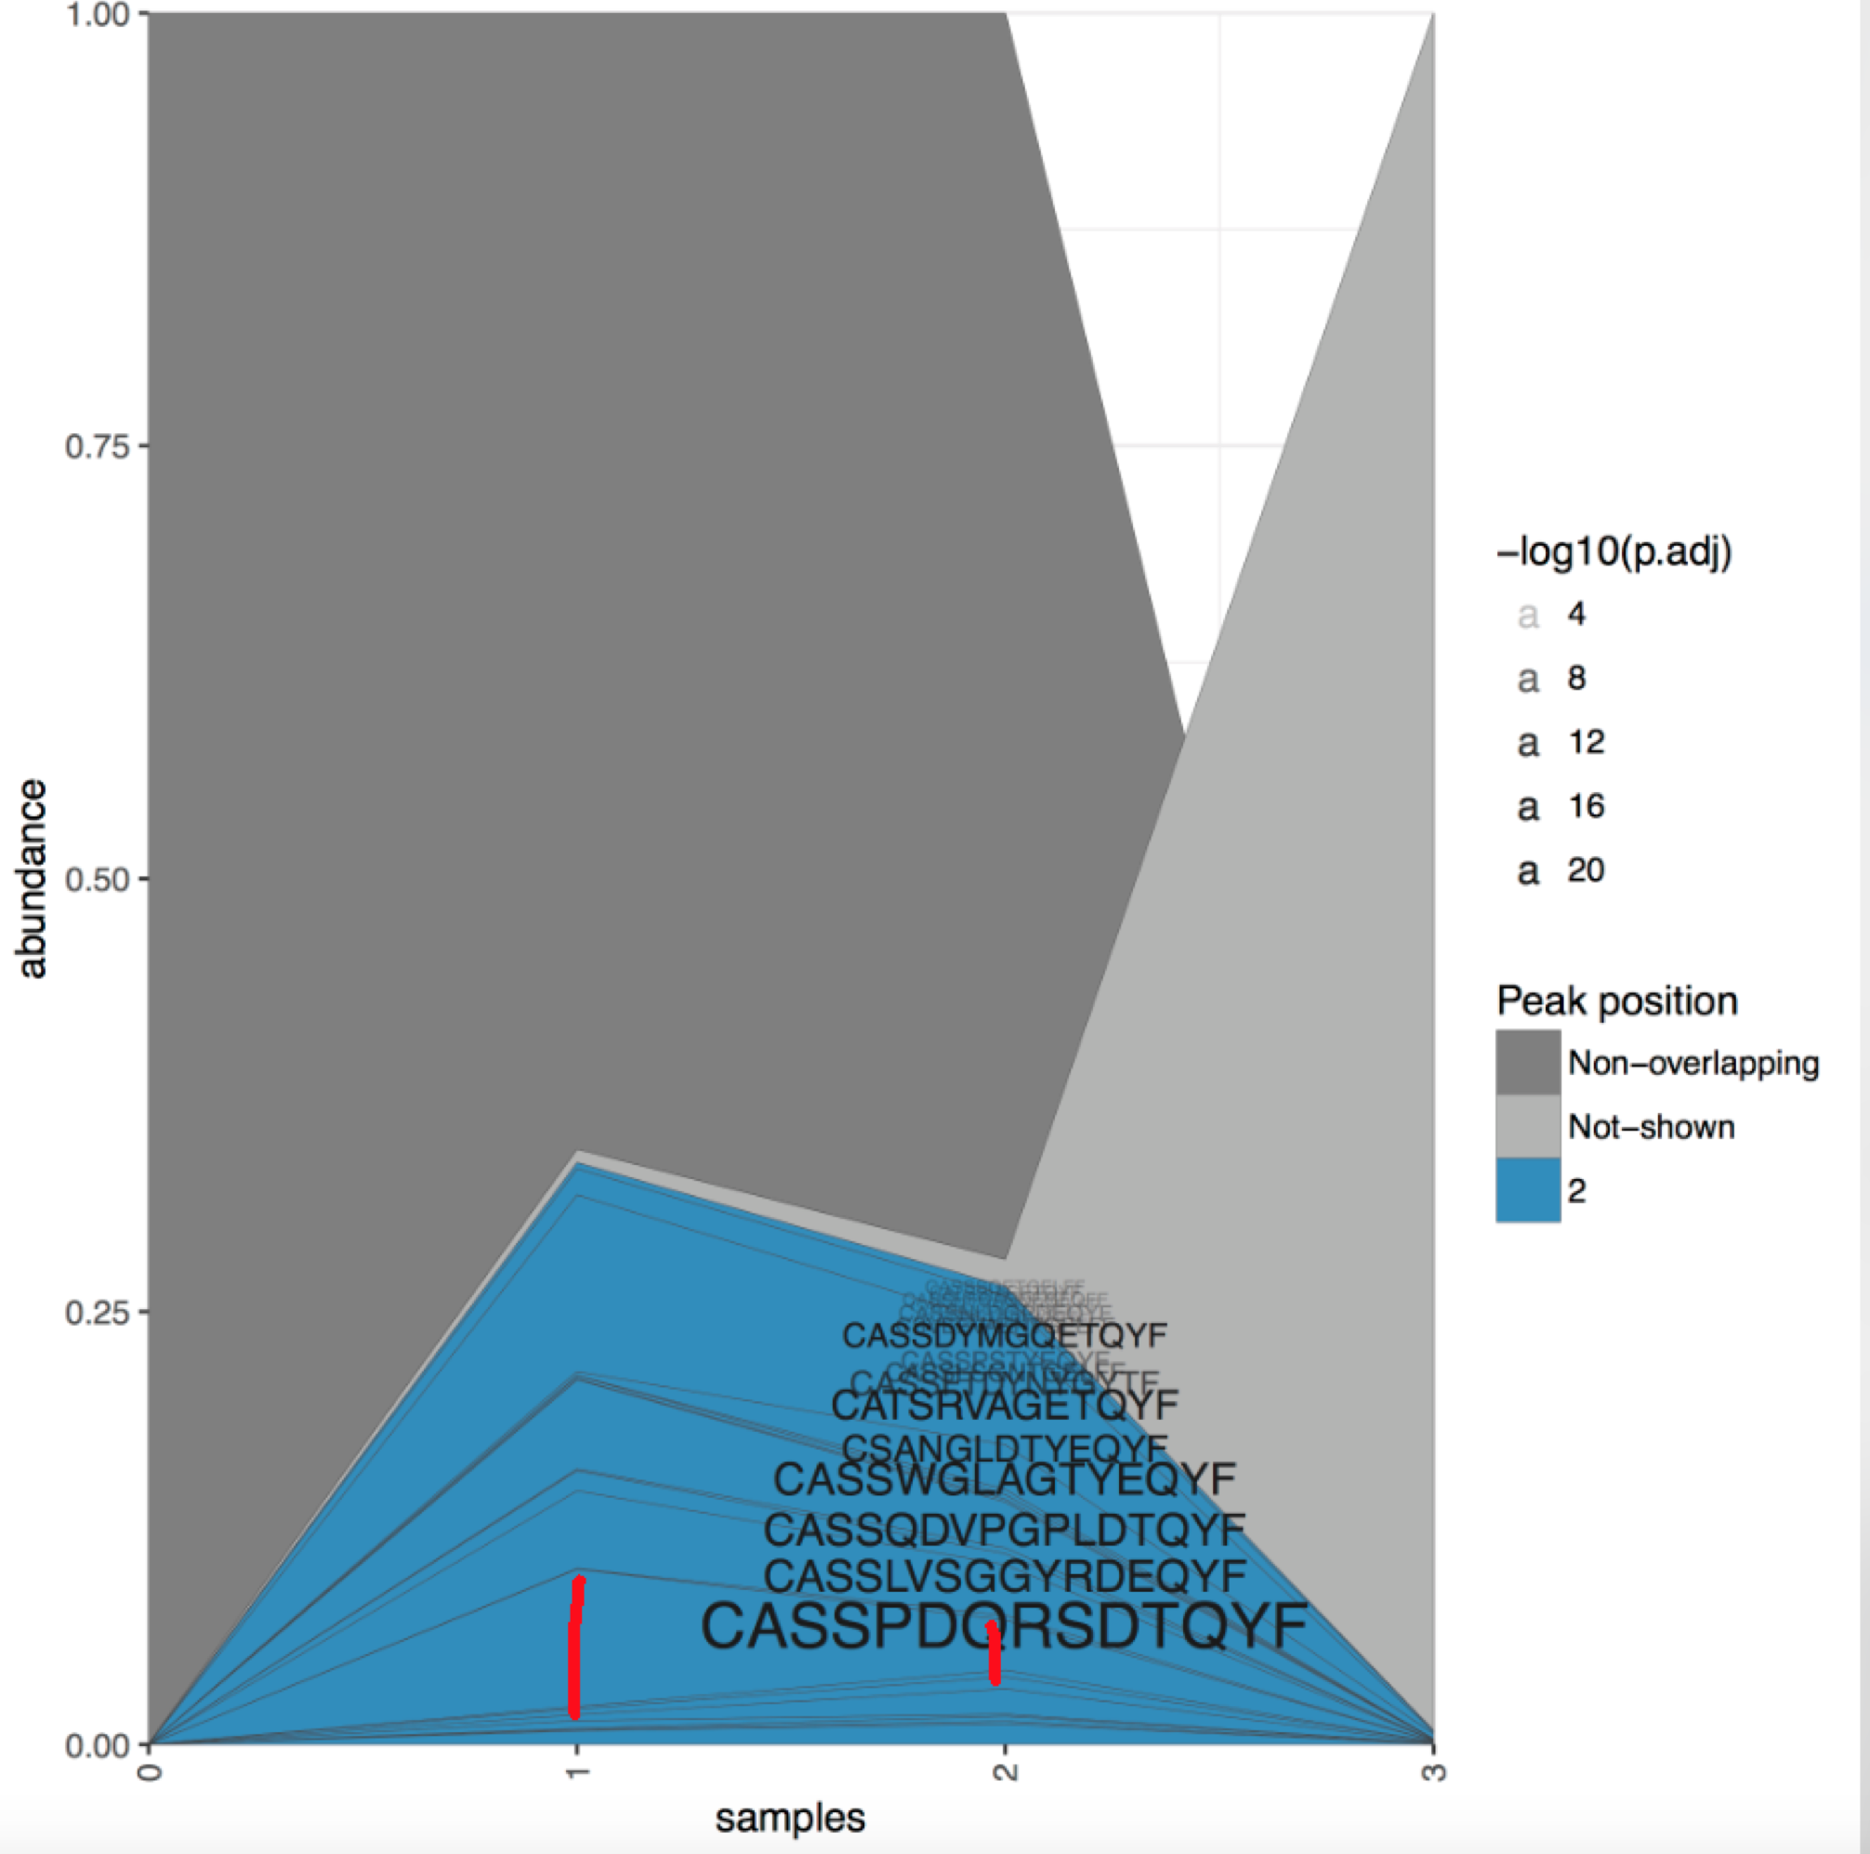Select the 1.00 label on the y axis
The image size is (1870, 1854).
tap(97, 16)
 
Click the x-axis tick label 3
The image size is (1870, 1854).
tap(1435, 1770)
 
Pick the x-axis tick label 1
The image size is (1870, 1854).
tap(578, 1770)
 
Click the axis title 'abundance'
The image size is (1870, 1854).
tap(32, 879)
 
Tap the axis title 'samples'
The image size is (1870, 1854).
tap(790, 1818)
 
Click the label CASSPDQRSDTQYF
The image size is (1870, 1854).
tap(1004, 1626)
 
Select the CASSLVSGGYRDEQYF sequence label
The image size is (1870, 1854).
tap(1004, 1576)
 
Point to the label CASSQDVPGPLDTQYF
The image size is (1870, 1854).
tap(1004, 1530)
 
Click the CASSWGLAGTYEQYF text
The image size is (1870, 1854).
tap(1004, 1478)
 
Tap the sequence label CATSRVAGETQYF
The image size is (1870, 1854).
tap(1004, 1404)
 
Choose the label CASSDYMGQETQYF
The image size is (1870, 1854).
tap(1004, 1336)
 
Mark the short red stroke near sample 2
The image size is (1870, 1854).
tap(993, 1652)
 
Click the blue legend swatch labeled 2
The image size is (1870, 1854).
tap(1527, 1190)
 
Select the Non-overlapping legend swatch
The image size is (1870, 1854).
tap(1527, 1062)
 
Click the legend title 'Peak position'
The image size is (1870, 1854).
tap(1616, 1001)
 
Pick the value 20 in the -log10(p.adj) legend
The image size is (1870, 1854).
tap(1586, 870)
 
